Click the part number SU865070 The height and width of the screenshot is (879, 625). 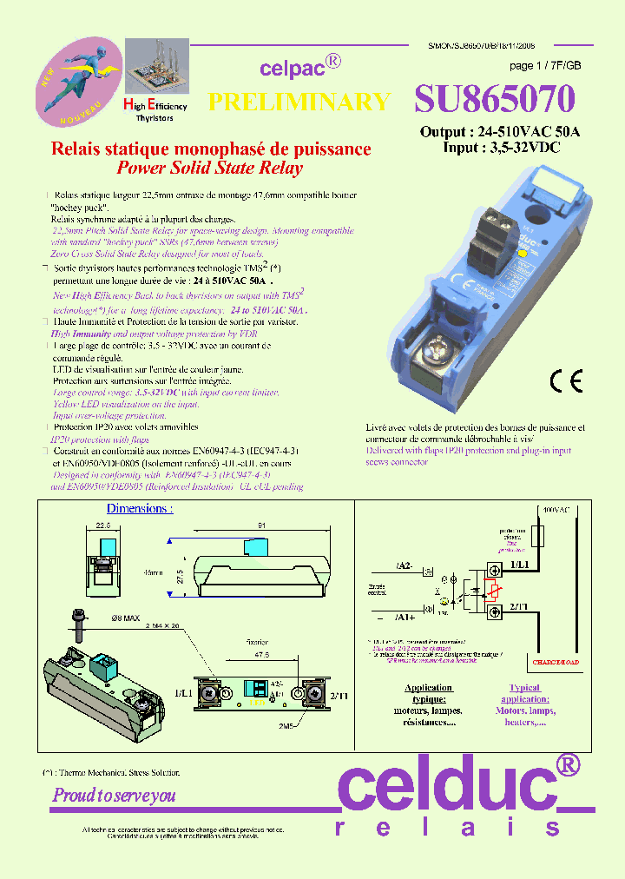[x=494, y=101]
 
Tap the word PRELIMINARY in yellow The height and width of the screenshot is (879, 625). [x=299, y=102]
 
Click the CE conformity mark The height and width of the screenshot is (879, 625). [x=566, y=381]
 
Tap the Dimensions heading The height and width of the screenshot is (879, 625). [x=139, y=509]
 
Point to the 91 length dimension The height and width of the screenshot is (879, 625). [x=261, y=525]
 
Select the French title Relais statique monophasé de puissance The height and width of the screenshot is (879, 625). [x=212, y=149]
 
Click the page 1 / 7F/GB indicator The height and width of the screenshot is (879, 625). [x=545, y=66]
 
